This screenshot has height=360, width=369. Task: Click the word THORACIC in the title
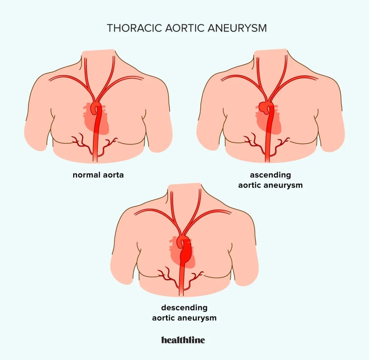(135, 28)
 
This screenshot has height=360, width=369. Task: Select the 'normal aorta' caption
(98, 175)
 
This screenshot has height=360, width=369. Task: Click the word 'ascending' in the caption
(270, 175)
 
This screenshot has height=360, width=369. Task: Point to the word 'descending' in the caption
(184, 308)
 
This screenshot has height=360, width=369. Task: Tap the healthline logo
(183, 340)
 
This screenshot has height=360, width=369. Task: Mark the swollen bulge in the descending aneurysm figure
(186, 255)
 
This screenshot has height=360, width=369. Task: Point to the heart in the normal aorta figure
(96, 119)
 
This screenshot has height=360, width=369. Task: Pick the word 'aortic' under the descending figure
(164, 318)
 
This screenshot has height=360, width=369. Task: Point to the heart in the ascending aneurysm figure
(268, 119)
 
